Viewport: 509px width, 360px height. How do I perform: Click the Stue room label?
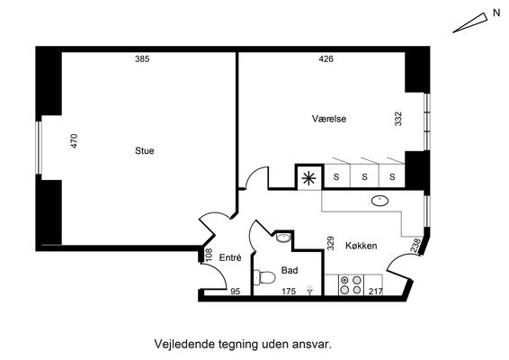(x=145, y=151)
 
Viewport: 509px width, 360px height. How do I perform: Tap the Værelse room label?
(x=329, y=119)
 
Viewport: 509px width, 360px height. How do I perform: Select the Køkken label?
(x=362, y=246)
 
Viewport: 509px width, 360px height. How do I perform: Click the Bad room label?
(x=290, y=270)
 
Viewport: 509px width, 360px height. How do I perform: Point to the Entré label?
(x=230, y=257)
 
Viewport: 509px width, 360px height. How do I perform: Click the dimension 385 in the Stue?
(x=142, y=58)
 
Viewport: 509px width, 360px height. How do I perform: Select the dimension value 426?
(x=326, y=58)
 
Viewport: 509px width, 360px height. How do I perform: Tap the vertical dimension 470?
(x=75, y=141)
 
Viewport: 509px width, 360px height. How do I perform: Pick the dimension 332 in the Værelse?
(x=398, y=119)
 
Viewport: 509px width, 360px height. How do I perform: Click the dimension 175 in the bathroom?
(x=289, y=292)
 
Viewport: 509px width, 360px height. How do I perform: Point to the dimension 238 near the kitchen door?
(x=415, y=246)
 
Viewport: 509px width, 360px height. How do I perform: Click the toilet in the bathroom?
(x=264, y=278)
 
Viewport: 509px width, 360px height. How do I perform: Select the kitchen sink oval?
(x=380, y=201)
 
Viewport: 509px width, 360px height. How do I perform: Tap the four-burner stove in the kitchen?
(x=351, y=285)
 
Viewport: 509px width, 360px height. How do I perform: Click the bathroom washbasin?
(x=283, y=238)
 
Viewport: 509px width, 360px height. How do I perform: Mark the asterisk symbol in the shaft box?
(x=308, y=178)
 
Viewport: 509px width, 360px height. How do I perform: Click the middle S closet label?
(x=364, y=176)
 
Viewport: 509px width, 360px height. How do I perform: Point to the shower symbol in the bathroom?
(x=309, y=290)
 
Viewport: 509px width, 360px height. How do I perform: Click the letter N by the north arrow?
(x=496, y=13)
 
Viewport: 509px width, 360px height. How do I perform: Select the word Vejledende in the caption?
(x=184, y=344)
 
